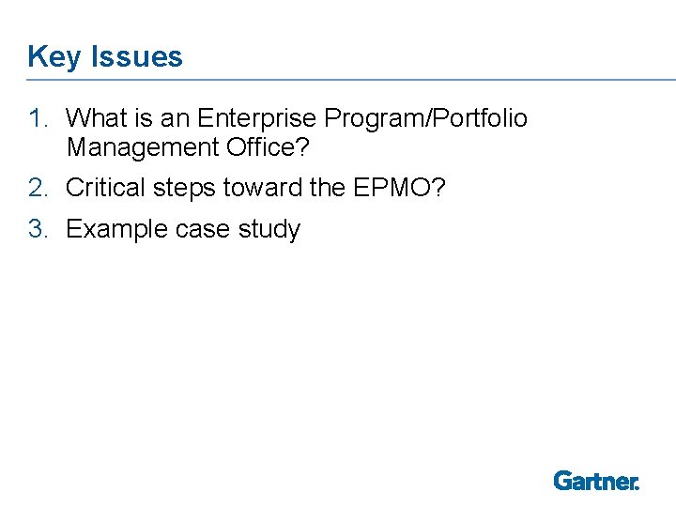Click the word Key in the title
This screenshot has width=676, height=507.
click(55, 57)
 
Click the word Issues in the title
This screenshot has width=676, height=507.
click(137, 56)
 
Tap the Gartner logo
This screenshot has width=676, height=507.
click(596, 481)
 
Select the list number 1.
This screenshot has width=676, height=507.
click(37, 119)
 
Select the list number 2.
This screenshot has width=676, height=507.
click(37, 188)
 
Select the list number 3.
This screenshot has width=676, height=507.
click(37, 229)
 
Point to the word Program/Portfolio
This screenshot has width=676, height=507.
click(425, 119)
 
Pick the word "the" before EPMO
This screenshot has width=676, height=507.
click(328, 188)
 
